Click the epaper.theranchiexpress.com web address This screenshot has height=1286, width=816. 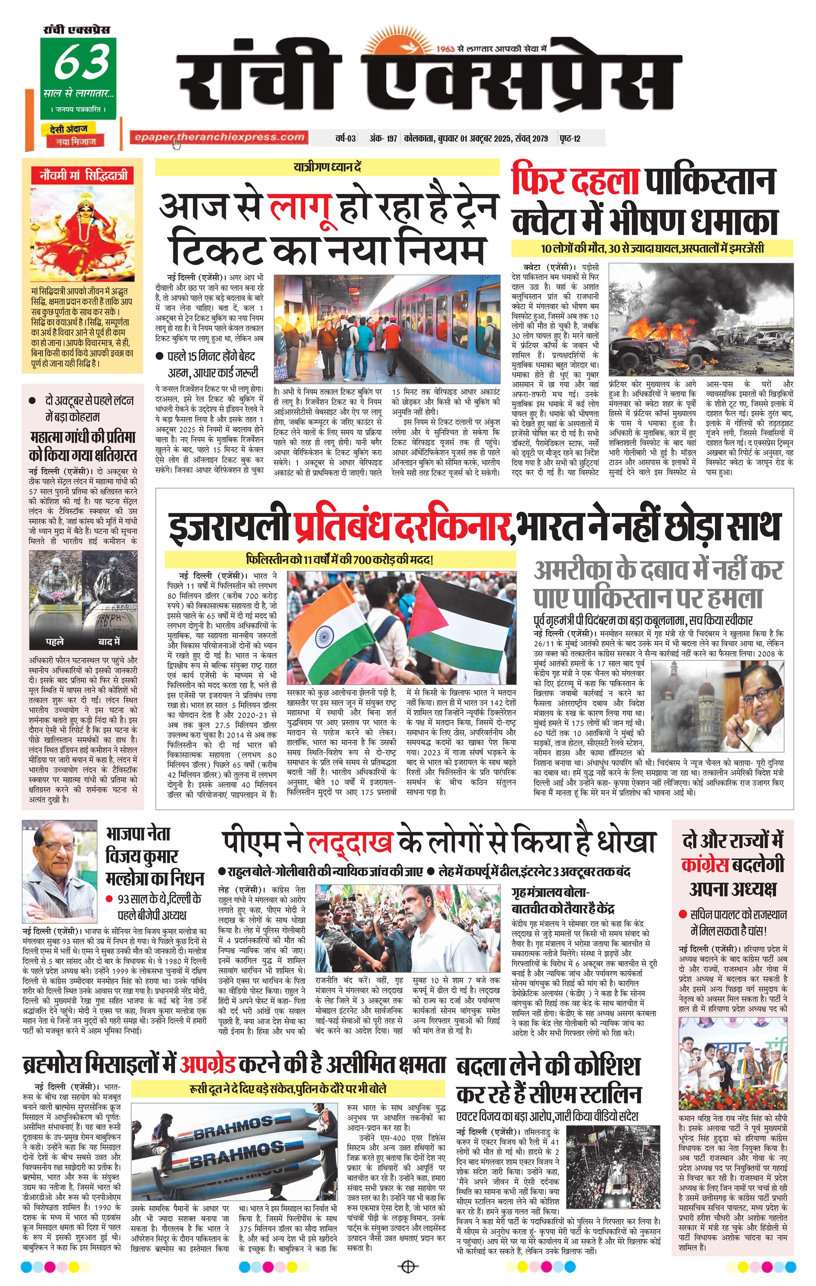219,137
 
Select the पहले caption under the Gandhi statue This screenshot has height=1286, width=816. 55,642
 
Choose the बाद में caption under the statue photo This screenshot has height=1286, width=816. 109,642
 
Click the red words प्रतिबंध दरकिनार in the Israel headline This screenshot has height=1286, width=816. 400,526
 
